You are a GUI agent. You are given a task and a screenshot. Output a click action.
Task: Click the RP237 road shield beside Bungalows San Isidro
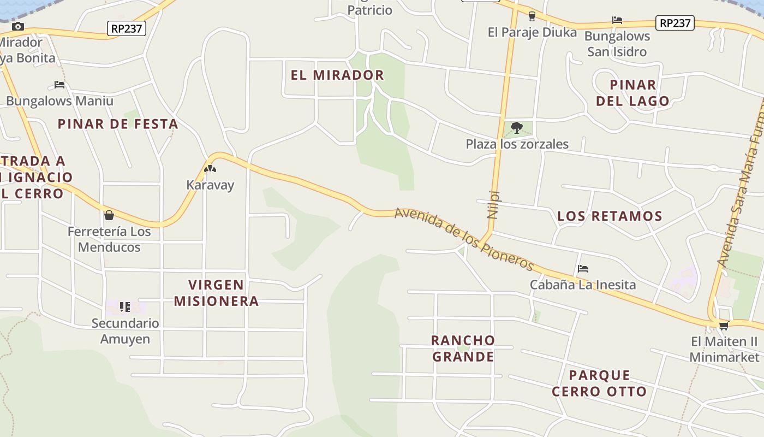pos(675,23)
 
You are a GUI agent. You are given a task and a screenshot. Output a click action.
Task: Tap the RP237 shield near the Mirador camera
pos(127,28)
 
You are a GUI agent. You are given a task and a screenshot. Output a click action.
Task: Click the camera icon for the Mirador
pos(17,26)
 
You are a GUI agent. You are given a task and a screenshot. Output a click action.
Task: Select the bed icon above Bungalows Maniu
pos(59,85)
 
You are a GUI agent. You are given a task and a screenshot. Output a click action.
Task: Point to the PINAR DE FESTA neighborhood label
pos(118,124)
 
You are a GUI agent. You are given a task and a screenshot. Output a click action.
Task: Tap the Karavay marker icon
pos(210,169)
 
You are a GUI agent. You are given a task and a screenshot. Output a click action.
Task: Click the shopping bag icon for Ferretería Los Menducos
pos(109,215)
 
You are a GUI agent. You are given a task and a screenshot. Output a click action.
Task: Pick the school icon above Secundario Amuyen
pos(125,307)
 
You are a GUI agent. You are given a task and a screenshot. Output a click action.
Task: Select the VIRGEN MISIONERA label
pos(216,293)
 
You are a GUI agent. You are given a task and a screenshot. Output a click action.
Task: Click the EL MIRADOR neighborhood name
pos(337,75)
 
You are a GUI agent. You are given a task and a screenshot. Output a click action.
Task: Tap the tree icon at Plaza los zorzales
pos(516,128)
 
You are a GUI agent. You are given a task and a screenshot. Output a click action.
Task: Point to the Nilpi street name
pos(493,204)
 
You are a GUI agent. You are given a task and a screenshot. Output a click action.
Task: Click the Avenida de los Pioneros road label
pos(464,238)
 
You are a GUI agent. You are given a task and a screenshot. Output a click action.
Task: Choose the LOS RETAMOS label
pos(610,216)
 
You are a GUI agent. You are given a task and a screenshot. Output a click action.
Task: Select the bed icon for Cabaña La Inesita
pos(583,269)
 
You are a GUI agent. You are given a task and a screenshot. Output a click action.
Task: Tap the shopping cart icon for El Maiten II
pos(724,326)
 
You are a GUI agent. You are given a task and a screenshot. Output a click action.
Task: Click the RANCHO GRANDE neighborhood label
pos(463,349)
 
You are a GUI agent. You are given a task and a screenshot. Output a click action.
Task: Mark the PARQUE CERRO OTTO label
pos(599,383)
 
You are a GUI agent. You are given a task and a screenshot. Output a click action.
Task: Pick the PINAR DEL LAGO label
pos(632,93)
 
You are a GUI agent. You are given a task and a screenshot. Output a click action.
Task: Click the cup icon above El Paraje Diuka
pos(532,16)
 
